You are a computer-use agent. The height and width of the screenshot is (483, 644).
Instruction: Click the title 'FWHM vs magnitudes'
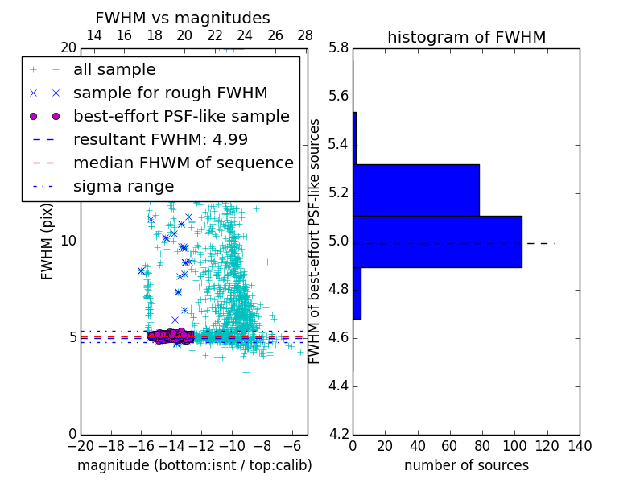tap(183, 18)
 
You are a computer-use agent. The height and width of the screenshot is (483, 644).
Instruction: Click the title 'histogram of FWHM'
tap(466, 37)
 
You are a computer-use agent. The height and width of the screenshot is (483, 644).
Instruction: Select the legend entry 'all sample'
tap(114, 70)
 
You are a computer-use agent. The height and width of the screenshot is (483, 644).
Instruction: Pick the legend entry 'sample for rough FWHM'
tap(170, 93)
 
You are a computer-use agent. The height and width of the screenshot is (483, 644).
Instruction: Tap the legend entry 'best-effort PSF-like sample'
tap(181, 117)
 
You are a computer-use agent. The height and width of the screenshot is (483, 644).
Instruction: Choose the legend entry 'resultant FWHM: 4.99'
tap(160, 140)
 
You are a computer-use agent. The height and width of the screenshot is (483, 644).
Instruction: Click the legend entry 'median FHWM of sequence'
tap(183, 163)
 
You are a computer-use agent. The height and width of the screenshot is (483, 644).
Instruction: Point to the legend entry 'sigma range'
tap(123, 187)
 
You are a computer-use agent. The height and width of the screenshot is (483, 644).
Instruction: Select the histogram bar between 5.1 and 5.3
tap(416, 190)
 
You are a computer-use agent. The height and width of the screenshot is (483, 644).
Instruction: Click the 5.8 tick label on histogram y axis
tap(338, 47)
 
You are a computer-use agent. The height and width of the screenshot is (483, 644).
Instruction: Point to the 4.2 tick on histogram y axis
tap(338, 434)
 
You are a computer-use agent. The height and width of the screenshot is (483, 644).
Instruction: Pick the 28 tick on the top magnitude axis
tap(305, 36)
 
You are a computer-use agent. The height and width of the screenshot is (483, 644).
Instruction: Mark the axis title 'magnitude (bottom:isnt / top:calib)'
tap(194, 465)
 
